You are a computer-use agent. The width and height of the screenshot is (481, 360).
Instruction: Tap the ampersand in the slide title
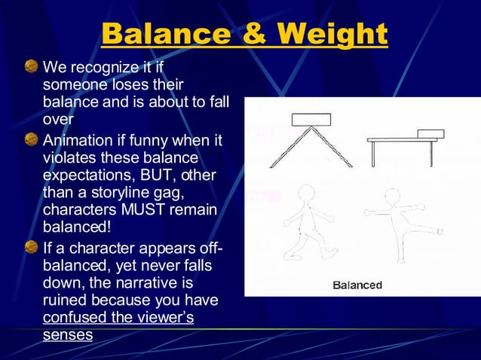click(x=255, y=33)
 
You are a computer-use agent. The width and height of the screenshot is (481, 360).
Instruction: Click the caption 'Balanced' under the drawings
click(x=357, y=285)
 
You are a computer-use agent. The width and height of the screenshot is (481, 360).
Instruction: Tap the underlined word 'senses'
click(x=67, y=334)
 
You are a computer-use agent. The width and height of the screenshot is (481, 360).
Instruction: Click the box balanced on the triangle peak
click(x=311, y=119)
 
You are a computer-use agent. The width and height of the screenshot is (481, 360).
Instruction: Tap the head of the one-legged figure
click(x=393, y=197)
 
